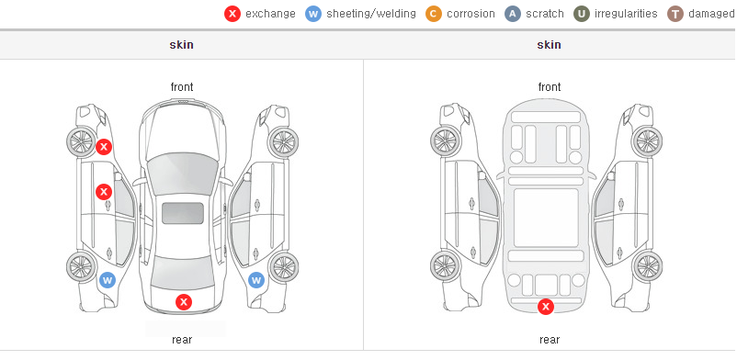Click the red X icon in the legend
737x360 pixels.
click(232, 14)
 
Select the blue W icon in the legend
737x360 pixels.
click(313, 14)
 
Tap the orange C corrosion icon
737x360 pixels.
click(434, 14)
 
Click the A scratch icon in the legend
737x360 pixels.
click(513, 14)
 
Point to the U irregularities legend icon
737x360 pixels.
click(582, 14)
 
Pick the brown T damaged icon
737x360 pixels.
click(675, 14)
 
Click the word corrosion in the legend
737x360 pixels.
click(471, 14)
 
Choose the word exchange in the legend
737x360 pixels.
click(270, 14)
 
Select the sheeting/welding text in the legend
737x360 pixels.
click(371, 14)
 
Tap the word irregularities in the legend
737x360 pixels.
click(626, 14)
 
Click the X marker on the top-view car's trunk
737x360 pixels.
click(184, 302)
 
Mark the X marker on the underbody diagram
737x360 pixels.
click(546, 307)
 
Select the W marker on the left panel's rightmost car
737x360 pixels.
click(256, 281)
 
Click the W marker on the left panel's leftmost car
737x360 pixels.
click(108, 281)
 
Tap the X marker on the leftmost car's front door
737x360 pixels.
click(104, 191)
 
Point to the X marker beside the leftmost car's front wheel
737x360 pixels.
click(104, 147)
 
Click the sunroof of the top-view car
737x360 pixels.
click(183, 213)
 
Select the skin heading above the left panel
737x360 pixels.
click(181, 45)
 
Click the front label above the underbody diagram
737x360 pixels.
click(550, 87)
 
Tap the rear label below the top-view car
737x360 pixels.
click(182, 340)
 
